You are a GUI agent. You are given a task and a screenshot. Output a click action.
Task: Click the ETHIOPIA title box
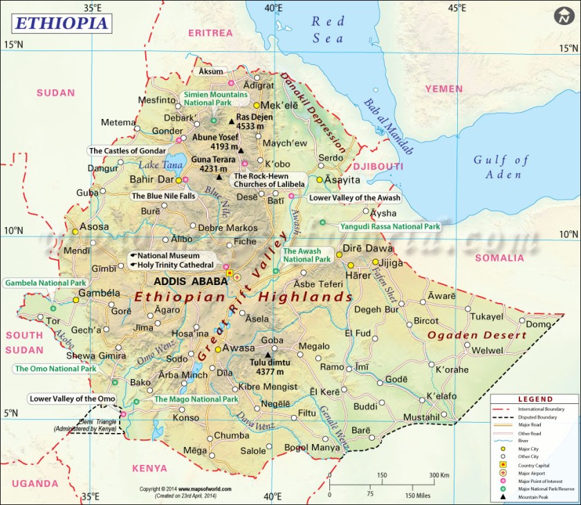pos(60,22)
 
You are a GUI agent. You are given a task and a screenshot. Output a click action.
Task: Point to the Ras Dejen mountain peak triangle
pos(232,122)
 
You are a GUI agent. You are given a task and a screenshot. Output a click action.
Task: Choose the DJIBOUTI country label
pos(378,167)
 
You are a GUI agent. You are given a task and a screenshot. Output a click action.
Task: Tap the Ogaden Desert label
pos(477,336)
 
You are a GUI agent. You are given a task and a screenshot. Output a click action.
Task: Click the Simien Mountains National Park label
pos(214,98)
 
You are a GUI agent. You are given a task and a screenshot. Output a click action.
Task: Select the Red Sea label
pos(327,30)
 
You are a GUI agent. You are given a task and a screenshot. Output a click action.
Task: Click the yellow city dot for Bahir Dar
pos(178,181)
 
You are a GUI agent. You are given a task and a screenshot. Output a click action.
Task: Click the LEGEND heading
pos(535,399)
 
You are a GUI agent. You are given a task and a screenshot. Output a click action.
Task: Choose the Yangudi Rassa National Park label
pos(389,226)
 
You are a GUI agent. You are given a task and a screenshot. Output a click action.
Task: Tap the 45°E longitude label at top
pos(456,8)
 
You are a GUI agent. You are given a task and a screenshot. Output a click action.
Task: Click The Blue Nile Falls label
pos(164,196)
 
